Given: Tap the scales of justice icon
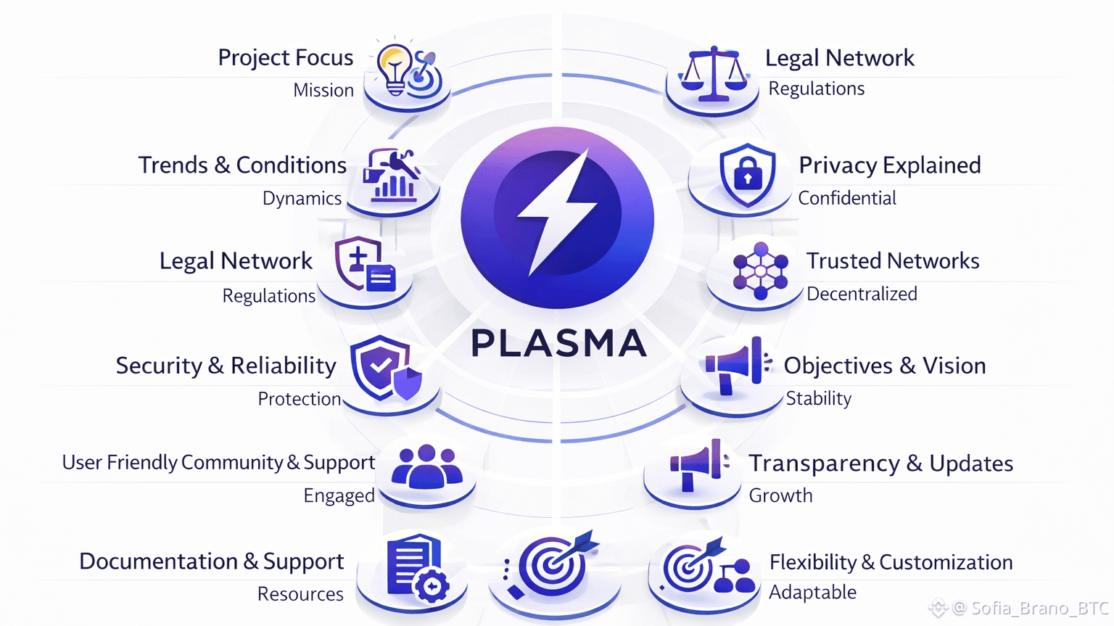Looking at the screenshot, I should click(x=713, y=74).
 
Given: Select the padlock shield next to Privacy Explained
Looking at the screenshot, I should click(x=747, y=174).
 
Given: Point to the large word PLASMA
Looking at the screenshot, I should click(x=558, y=344).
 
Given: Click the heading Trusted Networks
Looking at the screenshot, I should click(x=892, y=261).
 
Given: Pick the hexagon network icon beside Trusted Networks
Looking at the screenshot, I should click(x=759, y=271).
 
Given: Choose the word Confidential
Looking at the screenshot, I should click(x=846, y=198).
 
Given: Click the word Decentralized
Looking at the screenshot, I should click(x=862, y=294).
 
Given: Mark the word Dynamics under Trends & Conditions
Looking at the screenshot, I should click(x=302, y=199).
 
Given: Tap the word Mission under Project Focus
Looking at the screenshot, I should click(x=323, y=91).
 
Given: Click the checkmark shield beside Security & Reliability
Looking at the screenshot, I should click(x=383, y=367).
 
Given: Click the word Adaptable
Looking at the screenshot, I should click(x=812, y=593).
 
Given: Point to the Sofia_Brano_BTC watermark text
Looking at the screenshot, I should click(x=1030, y=608).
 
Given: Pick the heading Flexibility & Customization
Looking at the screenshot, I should click(x=891, y=562).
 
